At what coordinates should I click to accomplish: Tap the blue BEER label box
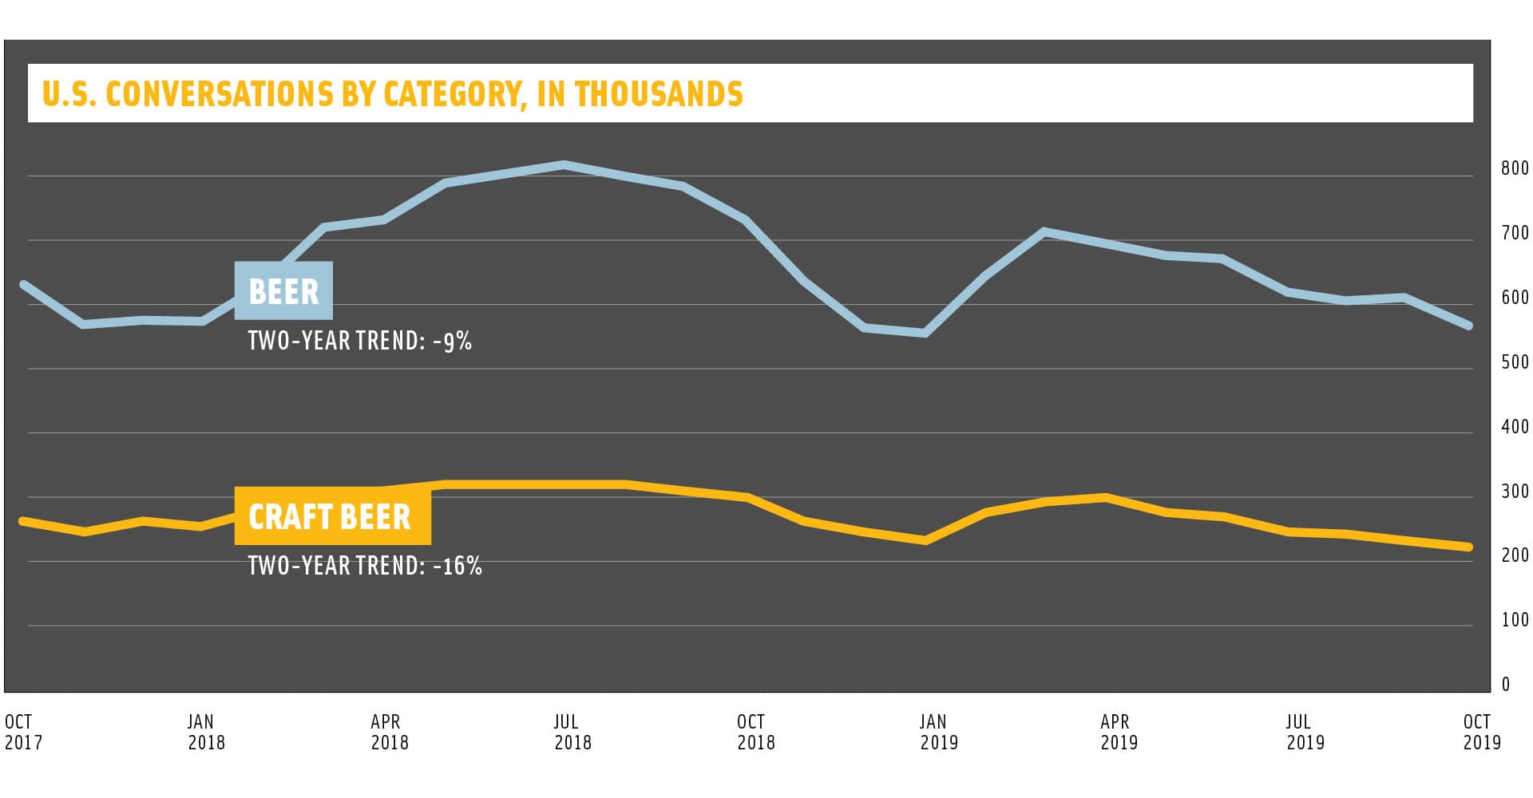point(283,291)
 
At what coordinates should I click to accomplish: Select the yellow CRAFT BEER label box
point(331,516)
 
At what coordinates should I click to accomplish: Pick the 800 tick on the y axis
point(1515,168)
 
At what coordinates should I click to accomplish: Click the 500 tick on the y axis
point(1515,362)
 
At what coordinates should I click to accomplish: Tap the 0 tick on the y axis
point(1506,684)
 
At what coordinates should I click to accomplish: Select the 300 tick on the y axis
point(1515,492)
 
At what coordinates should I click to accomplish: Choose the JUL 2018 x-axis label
point(572,732)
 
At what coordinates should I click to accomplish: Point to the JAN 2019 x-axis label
point(938,732)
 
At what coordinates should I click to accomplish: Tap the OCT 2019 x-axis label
point(1481,732)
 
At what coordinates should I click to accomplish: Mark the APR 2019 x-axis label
point(1119,732)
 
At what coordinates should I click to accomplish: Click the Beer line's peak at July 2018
point(564,165)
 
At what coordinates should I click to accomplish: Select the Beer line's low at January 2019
point(925,334)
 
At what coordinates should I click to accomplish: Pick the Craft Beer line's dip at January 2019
point(925,541)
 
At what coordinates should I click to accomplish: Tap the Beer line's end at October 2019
point(1468,326)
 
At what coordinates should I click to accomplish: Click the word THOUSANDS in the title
point(659,94)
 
